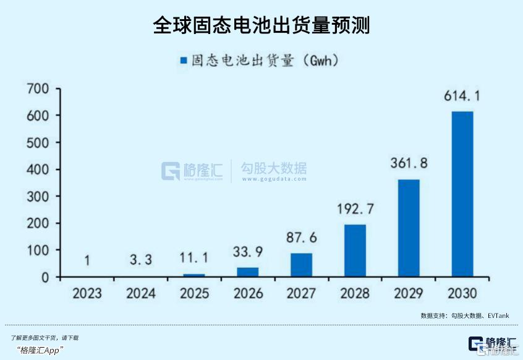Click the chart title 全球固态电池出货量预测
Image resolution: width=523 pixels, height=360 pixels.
point(261,25)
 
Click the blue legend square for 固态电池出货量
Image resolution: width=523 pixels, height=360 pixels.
point(182,61)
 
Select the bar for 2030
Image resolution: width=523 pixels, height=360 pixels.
point(462,194)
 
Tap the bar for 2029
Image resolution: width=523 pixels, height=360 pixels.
point(409,228)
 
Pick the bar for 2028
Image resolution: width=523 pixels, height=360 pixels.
point(355,250)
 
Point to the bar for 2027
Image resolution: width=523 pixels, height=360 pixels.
point(301,265)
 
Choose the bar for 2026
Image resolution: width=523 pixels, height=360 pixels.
point(247,272)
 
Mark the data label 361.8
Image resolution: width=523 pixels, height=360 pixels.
point(409,164)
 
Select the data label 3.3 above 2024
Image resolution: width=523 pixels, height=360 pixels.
point(140,260)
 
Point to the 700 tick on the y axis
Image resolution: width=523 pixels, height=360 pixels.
point(38,88)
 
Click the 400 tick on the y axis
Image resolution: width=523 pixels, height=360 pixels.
point(38,169)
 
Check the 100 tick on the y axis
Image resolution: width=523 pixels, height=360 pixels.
point(38,250)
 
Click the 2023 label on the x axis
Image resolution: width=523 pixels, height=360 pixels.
point(87,293)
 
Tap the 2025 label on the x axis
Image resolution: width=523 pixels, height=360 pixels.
point(194,293)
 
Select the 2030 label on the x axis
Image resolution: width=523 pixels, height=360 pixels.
point(462,293)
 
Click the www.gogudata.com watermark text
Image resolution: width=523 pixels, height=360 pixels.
point(274,179)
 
